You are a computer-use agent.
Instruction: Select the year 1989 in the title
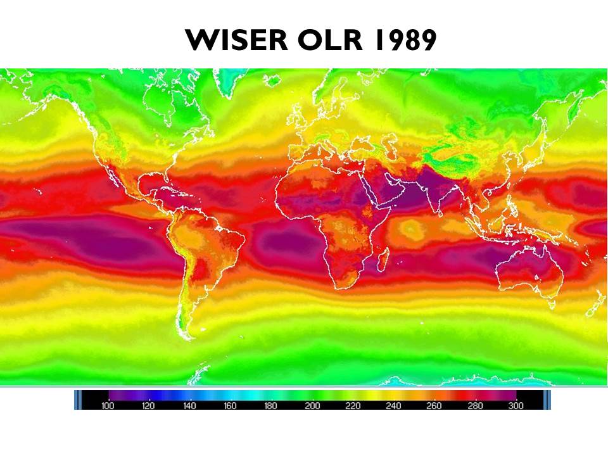[x=404, y=41]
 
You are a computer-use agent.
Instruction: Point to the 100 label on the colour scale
[x=108, y=406]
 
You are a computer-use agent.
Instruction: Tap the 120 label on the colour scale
[x=148, y=406]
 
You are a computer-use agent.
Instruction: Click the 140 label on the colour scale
[x=189, y=406]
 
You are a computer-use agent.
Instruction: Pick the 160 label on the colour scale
[x=230, y=406]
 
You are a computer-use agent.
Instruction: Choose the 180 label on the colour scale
[x=271, y=406]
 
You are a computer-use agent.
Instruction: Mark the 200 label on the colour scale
[x=312, y=406]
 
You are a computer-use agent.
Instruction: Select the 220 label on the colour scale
[x=353, y=406]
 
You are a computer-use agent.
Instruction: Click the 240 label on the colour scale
[x=393, y=406]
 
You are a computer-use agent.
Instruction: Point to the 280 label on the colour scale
[x=475, y=406]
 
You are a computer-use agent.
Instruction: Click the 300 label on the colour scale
[x=516, y=406]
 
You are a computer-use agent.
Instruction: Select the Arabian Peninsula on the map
[x=380, y=190]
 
